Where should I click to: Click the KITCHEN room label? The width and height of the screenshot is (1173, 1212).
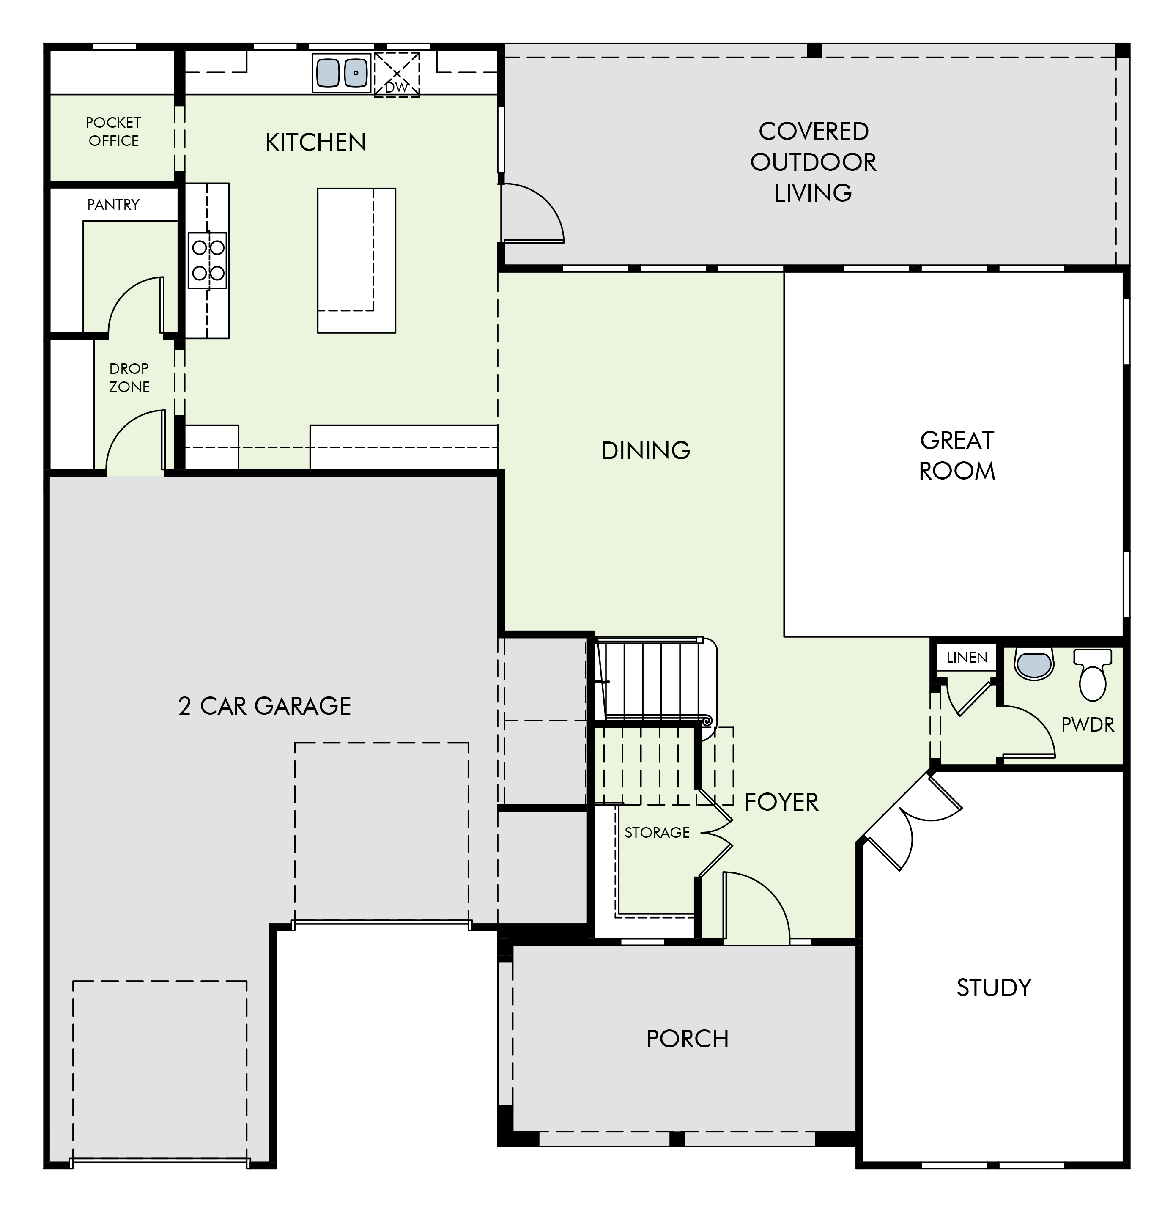(315, 143)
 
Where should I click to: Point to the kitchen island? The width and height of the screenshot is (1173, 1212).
(356, 260)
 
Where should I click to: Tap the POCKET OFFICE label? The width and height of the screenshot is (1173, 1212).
(113, 132)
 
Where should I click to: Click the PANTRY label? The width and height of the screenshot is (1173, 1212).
(113, 205)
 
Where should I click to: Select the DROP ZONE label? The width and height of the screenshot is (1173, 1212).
(129, 377)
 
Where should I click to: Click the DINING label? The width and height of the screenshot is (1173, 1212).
(646, 451)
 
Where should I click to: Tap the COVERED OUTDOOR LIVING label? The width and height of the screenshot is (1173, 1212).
(813, 162)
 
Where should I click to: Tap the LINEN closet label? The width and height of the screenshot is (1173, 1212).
(967, 658)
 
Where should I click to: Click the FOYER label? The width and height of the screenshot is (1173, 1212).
(781, 803)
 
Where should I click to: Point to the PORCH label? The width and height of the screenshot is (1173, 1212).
(688, 1039)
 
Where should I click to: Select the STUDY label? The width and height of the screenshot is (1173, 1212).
(994, 987)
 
